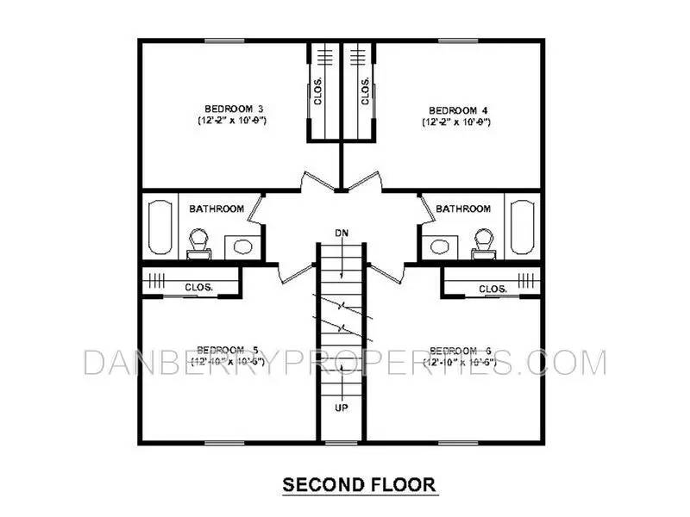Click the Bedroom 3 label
pos(233,109)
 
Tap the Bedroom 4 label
pos(453,109)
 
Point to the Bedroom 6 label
pos(460,349)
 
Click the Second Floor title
pos(360,485)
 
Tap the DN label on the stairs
pos(342,233)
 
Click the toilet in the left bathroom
pos(199,242)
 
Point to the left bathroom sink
pos(242,246)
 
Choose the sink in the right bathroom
pos(441,246)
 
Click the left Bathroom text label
pos(216,209)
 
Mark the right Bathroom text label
pos(463,209)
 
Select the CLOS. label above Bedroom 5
pos(198,288)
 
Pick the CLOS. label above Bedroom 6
pos(492,288)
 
